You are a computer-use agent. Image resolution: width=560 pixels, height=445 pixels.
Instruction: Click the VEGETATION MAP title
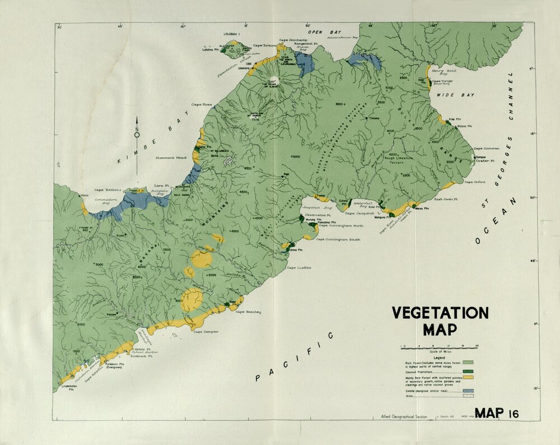click(439, 320)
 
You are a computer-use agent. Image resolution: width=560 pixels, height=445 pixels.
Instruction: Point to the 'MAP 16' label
click(496, 414)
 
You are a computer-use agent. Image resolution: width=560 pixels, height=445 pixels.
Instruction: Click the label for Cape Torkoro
click(265, 45)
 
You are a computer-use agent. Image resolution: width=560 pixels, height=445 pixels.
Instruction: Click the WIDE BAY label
click(455, 95)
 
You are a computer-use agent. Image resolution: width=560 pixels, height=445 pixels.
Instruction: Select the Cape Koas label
click(202, 104)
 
